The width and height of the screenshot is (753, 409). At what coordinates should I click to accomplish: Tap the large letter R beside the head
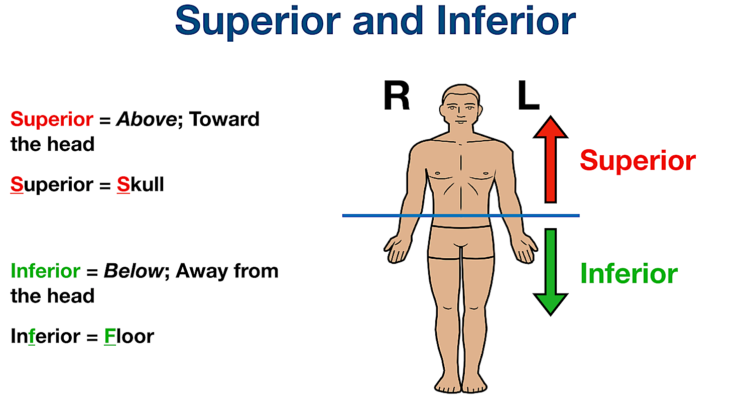pyautogui.click(x=397, y=96)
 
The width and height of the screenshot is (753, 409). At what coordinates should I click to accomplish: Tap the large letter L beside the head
pyautogui.click(x=528, y=96)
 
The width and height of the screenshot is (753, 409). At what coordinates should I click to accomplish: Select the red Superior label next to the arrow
pyautogui.click(x=638, y=161)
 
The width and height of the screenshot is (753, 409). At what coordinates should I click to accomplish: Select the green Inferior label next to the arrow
pyautogui.click(x=629, y=274)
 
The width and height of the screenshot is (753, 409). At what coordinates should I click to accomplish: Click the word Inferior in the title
pyautogui.click(x=506, y=21)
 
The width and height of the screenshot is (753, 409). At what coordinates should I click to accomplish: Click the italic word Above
pyautogui.click(x=146, y=120)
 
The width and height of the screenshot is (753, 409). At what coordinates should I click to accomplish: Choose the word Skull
pyautogui.click(x=141, y=185)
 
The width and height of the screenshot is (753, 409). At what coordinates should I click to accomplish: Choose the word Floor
pyautogui.click(x=129, y=337)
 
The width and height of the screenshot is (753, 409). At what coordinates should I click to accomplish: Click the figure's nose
pyautogui.click(x=461, y=113)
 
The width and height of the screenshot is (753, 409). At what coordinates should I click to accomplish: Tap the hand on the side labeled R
pyautogui.click(x=396, y=249)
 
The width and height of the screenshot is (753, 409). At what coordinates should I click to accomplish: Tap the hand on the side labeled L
pyautogui.click(x=525, y=249)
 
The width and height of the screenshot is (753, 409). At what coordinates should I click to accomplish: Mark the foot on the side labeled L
pyautogui.click(x=474, y=385)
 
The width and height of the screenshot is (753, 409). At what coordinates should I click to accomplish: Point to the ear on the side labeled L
pyautogui.click(x=480, y=110)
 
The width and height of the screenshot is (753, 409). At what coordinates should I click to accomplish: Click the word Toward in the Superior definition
pyautogui.click(x=224, y=120)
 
